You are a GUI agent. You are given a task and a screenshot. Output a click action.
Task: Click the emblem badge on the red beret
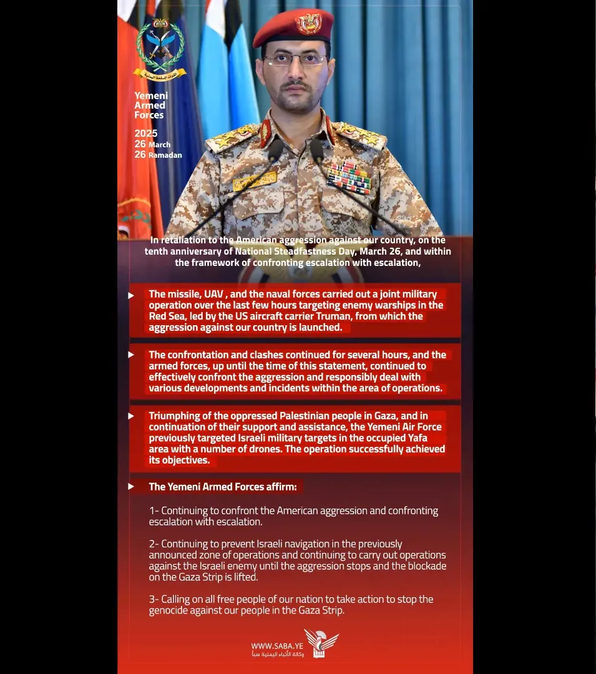click(x=308, y=24)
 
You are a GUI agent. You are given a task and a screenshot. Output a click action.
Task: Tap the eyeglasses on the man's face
click(x=295, y=61)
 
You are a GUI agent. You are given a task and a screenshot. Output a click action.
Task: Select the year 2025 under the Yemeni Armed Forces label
click(x=146, y=134)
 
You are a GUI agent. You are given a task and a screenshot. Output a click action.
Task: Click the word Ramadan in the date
click(x=165, y=155)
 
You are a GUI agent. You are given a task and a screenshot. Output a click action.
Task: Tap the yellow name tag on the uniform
click(x=255, y=180)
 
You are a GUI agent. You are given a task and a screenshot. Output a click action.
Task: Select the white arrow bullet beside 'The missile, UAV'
click(x=131, y=295)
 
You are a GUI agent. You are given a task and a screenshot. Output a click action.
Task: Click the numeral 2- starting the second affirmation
click(x=154, y=544)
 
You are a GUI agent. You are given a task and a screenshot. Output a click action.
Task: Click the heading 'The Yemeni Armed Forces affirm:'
click(x=223, y=487)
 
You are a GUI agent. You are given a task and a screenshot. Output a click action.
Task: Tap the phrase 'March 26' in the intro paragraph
click(x=382, y=252)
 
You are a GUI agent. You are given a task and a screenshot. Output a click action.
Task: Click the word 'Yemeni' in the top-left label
click(x=151, y=95)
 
